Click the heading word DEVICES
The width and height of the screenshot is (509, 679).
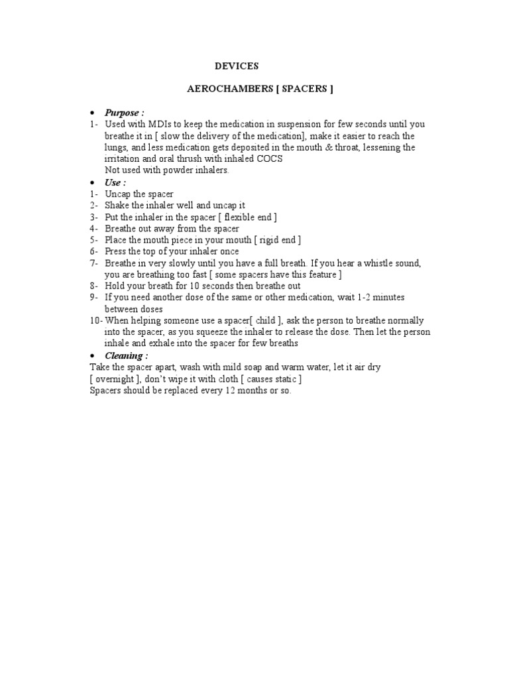pos(237,66)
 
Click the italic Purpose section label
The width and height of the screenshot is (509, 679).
pos(124,113)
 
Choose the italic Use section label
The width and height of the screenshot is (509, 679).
pos(115,182)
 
